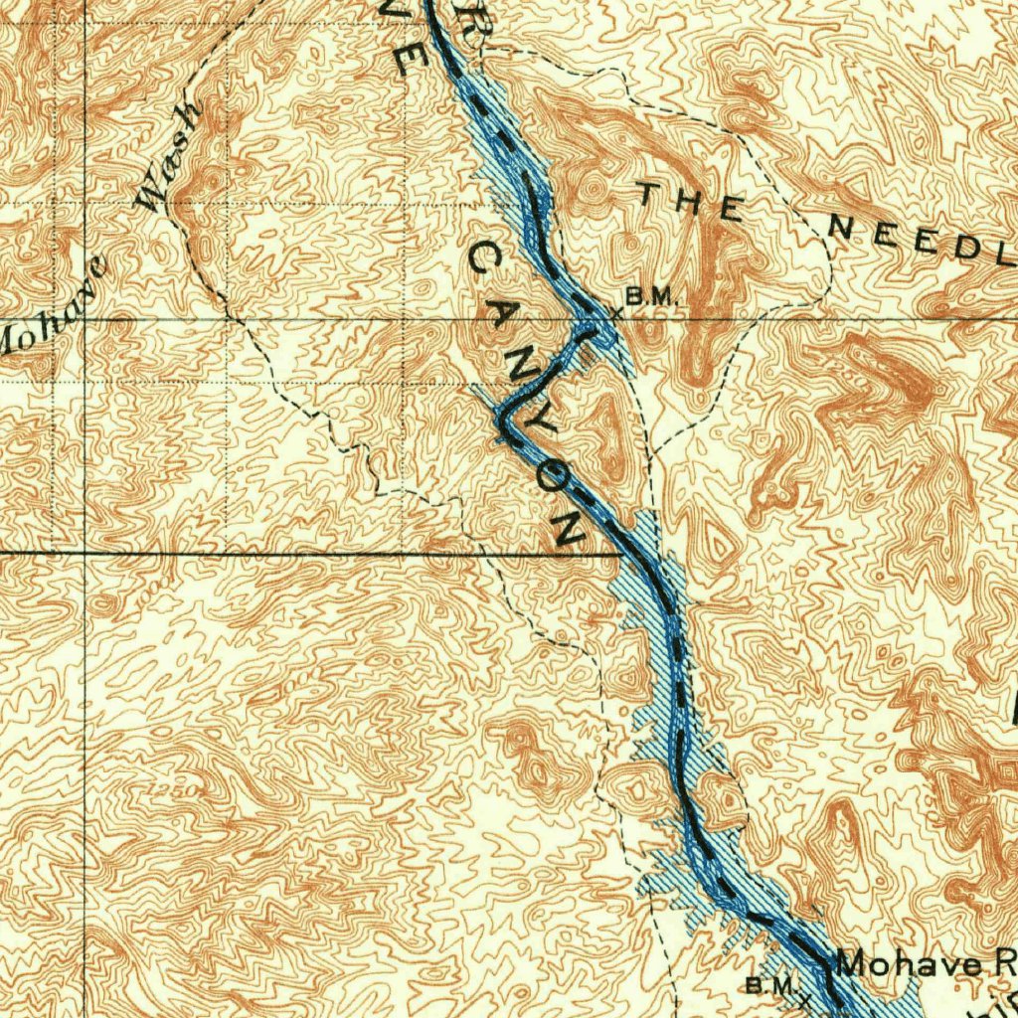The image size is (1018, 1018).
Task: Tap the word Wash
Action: [171, 157]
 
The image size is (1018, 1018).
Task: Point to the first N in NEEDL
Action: [841, 227]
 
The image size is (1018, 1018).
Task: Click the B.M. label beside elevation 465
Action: [651, 295]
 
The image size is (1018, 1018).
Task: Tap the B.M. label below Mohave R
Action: [767, 985]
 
